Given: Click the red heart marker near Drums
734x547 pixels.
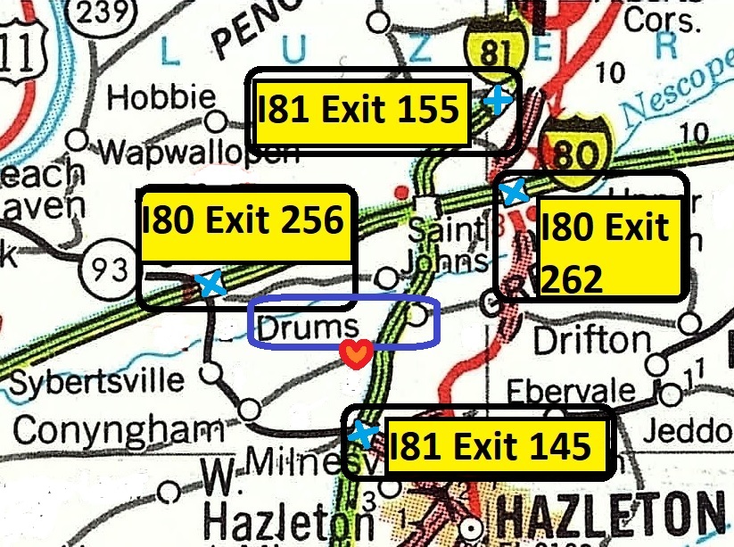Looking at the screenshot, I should click(x=355, y=355).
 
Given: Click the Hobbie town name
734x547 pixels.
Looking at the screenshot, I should click(x=161, y=97).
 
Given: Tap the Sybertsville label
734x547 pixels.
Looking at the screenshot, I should click(x=97, y=383).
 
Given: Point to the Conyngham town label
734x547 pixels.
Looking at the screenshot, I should click(x=118, y=430).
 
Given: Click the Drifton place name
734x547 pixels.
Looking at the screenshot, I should click(x=591, y=339).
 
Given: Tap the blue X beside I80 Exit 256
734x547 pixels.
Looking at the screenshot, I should click(x=210, y=284).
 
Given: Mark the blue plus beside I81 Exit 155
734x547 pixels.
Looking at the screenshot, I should click(x=499, y=101).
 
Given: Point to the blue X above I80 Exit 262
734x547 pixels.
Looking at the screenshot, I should click(x=513, y=190).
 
